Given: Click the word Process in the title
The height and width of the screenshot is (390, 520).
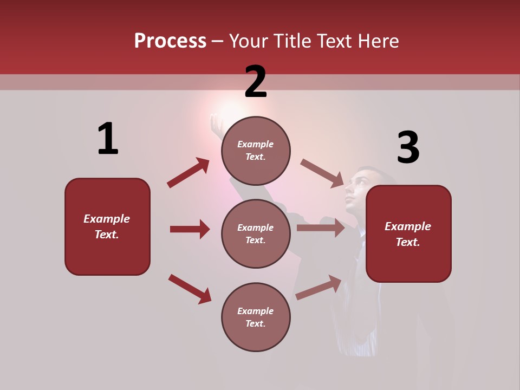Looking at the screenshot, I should coord(170,41).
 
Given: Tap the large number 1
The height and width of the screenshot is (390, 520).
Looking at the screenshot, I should coord(108,139).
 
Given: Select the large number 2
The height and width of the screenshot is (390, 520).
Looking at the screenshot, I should coord(256,82).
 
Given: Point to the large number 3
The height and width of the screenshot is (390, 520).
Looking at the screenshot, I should coord(408,148).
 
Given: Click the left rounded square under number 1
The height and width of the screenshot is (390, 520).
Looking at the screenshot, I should coord(107,226).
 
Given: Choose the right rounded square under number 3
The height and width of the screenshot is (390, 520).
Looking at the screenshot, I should coord(408,234).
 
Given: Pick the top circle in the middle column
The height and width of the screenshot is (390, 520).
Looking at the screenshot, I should coord(256,151).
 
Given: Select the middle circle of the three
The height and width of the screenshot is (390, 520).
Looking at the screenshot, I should coord(256,233).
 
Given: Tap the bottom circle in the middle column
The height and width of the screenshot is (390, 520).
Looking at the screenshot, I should coord(256,317).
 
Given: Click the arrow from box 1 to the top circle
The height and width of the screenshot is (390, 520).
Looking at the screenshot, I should coord(188,173).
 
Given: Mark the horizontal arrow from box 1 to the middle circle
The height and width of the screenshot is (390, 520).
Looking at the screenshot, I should coord(190,229).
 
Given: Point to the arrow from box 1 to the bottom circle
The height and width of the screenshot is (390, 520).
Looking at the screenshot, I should coord(190,289).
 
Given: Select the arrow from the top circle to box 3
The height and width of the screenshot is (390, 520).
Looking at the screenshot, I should coord(322,173).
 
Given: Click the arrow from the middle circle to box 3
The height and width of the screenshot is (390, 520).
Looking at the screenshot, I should coord(321,227).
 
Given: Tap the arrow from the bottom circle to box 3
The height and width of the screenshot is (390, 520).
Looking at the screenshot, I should coord(318,288).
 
